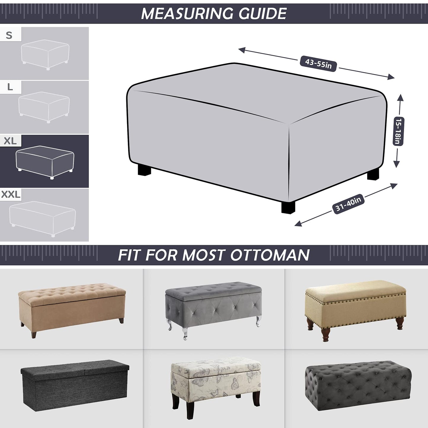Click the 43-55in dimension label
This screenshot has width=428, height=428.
[x=318, y=63]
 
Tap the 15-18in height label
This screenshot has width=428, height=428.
[x=398, y=131]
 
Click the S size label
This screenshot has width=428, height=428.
[x=9, y=35]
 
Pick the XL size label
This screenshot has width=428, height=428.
[x=10, y=141]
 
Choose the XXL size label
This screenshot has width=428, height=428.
[x=11, y=195]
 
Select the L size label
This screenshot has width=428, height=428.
[x=10, y=87]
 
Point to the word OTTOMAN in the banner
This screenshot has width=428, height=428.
[x=270, y=255]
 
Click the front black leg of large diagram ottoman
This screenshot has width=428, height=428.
[x=288, y=207]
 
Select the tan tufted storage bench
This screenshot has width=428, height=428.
[x=72, y=308]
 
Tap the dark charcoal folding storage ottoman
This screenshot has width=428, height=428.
[x=75, y=385]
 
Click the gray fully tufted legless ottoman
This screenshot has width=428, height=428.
[x=358, y=385]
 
